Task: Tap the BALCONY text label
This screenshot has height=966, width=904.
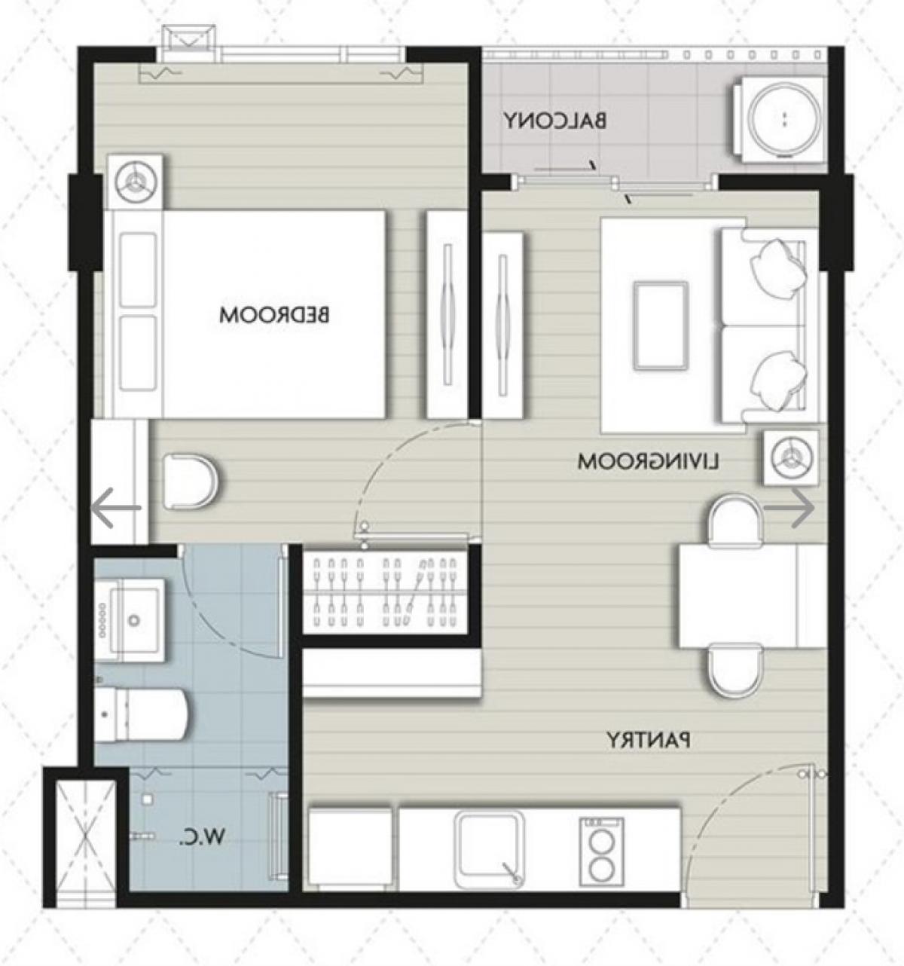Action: pos(555,121)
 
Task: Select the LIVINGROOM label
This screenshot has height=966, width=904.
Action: pos(649,462)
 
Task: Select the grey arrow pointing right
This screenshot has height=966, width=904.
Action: pos(789,508)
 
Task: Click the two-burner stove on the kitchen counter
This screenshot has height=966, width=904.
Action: pos(601,847)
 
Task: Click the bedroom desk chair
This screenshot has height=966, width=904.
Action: pos(191,481)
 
